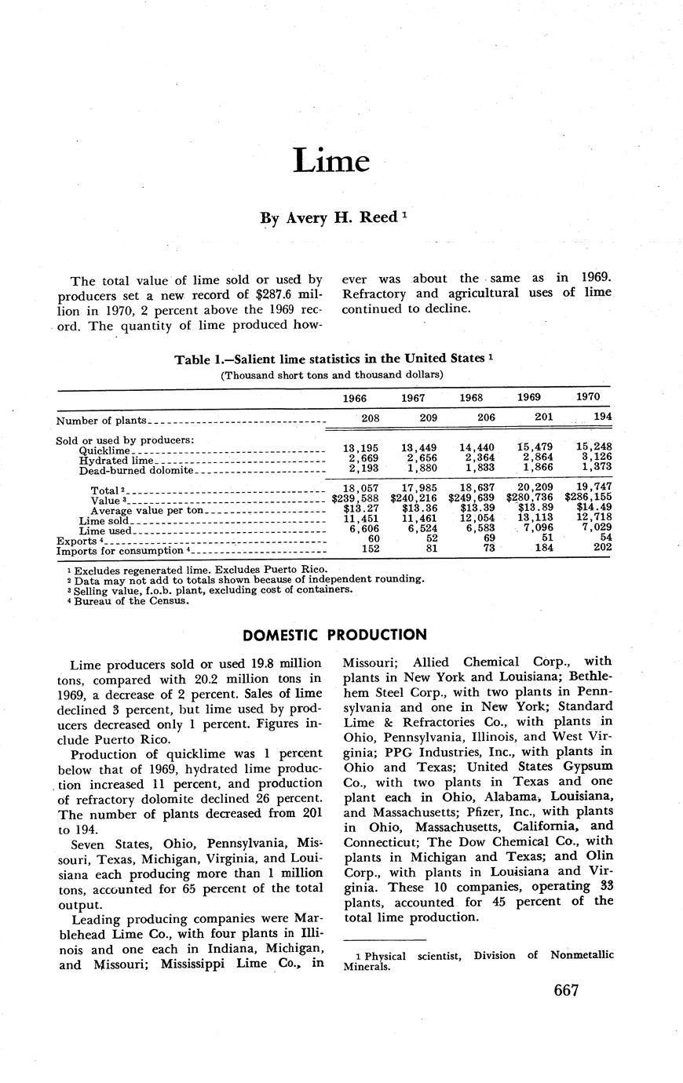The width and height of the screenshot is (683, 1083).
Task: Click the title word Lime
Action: pos(331,161)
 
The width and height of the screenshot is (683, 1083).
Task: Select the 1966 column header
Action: pos(355,398)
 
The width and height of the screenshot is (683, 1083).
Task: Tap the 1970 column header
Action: pos(588,397)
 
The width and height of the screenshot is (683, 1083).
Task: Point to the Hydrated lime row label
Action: pos(116,461)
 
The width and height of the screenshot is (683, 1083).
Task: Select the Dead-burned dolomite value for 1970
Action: pos(593,467)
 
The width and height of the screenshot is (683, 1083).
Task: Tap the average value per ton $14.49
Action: pos(592,508)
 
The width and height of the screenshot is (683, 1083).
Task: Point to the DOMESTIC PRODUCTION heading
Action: pos(335,635)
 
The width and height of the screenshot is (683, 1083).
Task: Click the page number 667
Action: pos(565,990)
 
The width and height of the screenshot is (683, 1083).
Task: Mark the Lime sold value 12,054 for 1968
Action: pos(476,518)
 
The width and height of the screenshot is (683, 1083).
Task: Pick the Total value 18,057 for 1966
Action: pos(361,488)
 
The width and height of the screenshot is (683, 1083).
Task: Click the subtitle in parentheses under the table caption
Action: pos(332,374)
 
